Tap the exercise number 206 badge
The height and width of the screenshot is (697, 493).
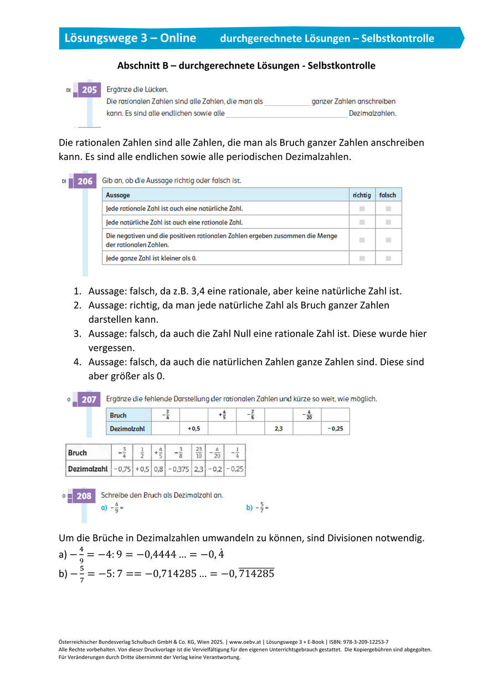coord(84,181)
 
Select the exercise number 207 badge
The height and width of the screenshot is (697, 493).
coord(88,399)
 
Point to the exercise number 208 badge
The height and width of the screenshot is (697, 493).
coord(84,496)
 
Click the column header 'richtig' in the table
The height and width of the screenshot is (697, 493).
coord(362,195)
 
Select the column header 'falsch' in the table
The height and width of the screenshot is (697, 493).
coord(388,195)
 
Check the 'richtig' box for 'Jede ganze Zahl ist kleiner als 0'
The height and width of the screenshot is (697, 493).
coord(362,258)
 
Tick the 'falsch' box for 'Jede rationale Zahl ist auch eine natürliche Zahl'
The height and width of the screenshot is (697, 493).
coord(388,209)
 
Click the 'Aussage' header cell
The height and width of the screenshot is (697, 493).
coord(117,195)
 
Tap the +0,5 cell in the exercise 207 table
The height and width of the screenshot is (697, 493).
coord(193,428)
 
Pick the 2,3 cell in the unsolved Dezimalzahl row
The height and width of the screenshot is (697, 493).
coord(278,428)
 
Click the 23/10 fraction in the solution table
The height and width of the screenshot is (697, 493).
coord(199,453)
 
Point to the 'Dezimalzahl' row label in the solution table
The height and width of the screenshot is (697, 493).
coord(88,469)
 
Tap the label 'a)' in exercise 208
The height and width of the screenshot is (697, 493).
coord(104,507)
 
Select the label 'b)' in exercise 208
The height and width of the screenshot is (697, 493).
coord(249,507)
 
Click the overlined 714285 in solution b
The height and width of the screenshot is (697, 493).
coord(255,574)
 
